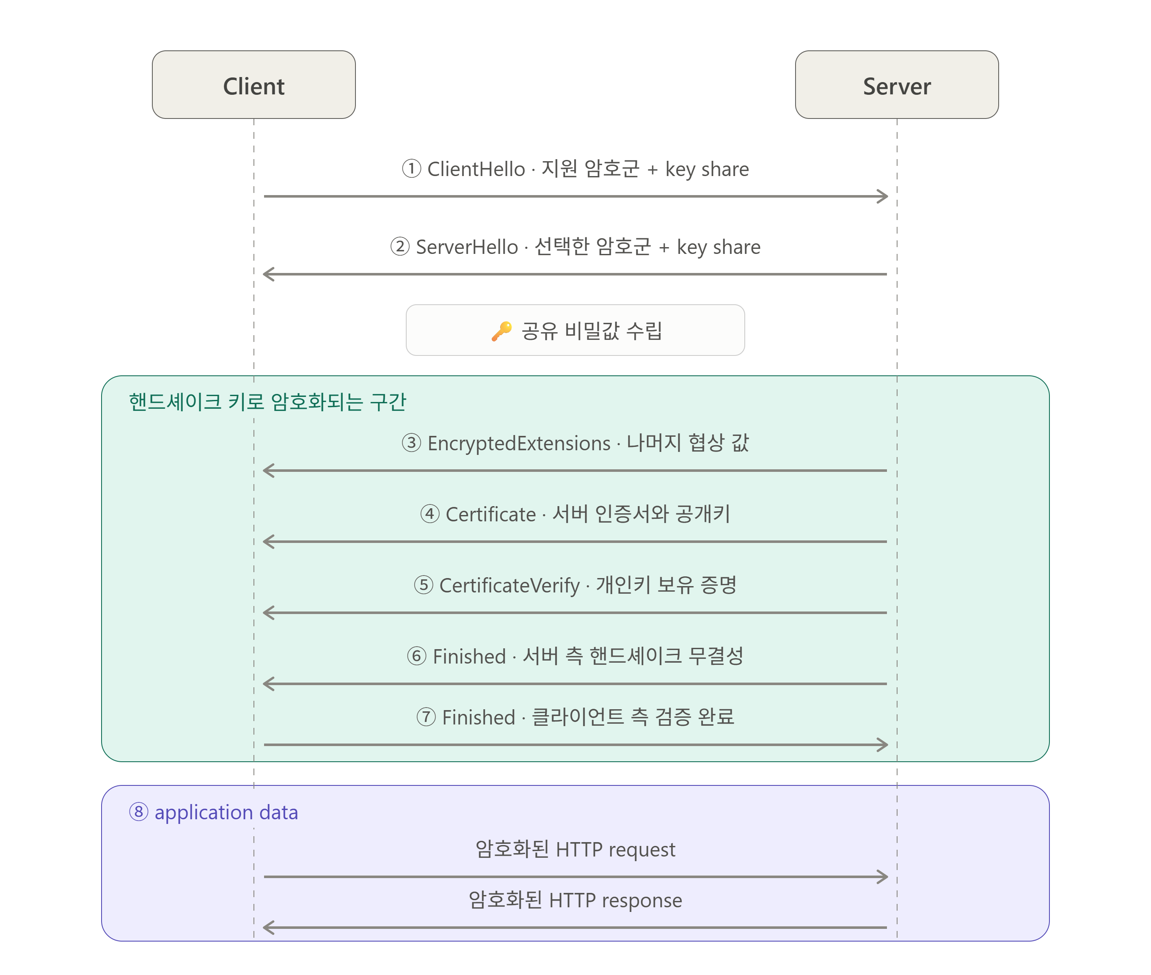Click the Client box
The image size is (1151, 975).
[253, 85]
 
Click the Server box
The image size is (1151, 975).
[897, 85]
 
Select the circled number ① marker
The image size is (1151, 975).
[411, 168]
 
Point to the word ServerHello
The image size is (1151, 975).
[467, 247]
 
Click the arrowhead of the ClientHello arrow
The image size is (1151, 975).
[882, 196]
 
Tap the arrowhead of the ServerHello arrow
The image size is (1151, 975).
[269, 274]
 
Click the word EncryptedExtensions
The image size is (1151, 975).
[519, 443]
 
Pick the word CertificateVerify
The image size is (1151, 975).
[509, 585]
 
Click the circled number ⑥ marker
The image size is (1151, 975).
[417, 656]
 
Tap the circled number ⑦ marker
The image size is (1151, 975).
[426, 717]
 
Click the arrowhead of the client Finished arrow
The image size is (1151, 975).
[882, 744]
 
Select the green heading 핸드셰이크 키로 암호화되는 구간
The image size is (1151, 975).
[267, 402]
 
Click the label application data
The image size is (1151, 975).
[226, 812]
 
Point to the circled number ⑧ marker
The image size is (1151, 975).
[139, 812]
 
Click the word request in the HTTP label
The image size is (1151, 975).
[642, 850]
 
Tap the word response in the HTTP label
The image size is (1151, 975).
[642, 901]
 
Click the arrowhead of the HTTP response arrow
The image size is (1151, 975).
[269, 928]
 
